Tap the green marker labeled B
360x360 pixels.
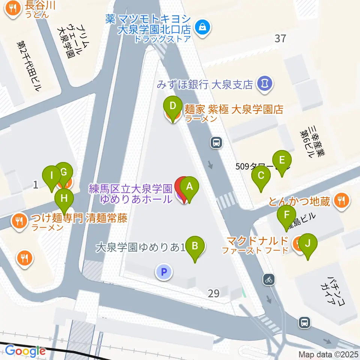pyautogui.click(x=195, y=246)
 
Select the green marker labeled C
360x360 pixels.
pyautogui.click(x=261, y=175)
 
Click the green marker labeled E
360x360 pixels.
pyautogui.click(x=282, y=160)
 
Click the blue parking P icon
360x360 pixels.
pyautogui.click(x=163, y=272)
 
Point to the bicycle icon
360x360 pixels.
pyautogui.click(x=269, y=279)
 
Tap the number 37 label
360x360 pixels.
pyautogui.click(x=280, y=38)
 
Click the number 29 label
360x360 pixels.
pyautogui.click(x=213, y=293)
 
